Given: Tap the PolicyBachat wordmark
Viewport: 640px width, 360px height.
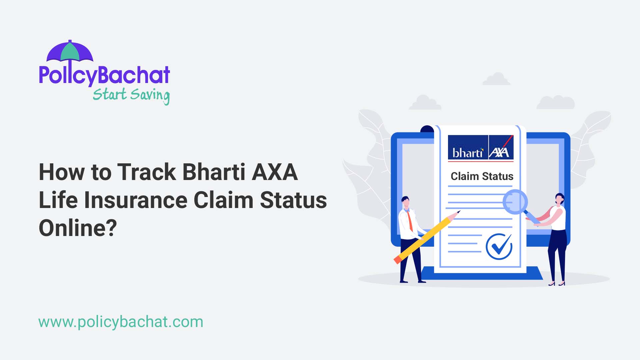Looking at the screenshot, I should coord(104,75).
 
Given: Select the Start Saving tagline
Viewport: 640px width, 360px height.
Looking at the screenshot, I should coord(131,95).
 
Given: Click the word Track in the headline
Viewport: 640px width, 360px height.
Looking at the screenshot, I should coord(146,172).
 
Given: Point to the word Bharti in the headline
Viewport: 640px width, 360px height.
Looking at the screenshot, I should coord(214,172).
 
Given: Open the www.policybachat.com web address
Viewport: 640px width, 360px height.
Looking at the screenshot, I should coord(121,322).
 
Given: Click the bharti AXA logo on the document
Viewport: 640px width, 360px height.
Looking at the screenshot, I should coord(480,148).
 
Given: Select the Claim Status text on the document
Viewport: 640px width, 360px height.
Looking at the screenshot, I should coord(482,176).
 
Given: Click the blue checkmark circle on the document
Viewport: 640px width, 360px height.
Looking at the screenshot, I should coord(499,247).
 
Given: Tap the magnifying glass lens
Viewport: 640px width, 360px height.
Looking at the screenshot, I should coord(515,202).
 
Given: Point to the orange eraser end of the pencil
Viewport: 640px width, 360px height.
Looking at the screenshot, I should coord(397,260).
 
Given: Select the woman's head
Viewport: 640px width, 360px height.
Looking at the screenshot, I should coord(559,199).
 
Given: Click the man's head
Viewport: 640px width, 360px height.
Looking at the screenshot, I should coord(405,202).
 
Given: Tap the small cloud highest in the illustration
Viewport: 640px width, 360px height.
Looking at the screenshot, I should coord(496,79).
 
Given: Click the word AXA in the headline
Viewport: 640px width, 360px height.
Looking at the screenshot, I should coord(275,172).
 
